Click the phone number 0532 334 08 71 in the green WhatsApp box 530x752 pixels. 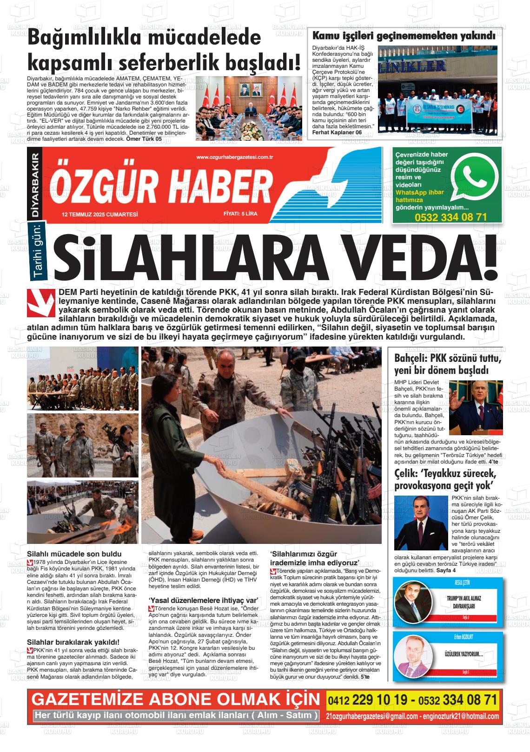point(450,217)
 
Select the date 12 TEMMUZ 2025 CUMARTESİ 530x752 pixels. point(100,215)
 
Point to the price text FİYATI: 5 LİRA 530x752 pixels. point(240,215)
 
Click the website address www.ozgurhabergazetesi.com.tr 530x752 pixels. point(234,157)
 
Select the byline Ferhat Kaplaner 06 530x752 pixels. point(337,132)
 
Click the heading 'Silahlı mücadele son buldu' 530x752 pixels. point(74,554)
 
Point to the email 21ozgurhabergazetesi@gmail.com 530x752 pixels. point(371,716)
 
